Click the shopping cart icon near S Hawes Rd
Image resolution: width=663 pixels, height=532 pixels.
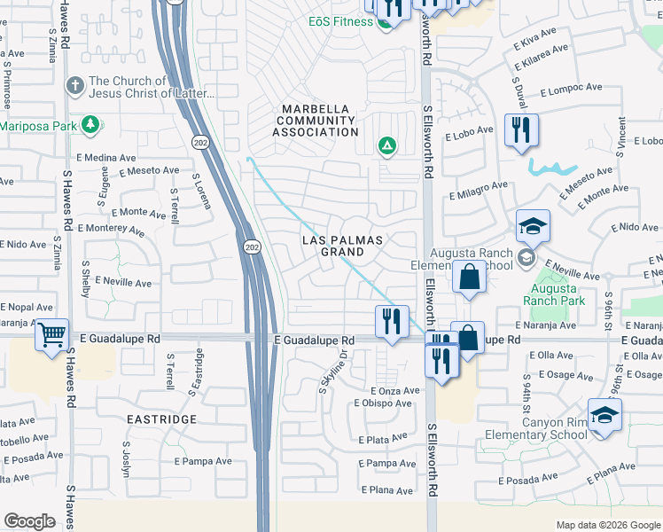click(x=53, y=335)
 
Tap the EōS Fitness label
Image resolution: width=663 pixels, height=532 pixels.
click(x=340, y=21)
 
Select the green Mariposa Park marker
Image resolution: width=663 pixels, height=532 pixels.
click(x=89, y=125)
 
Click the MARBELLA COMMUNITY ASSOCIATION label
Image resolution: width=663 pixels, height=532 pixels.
click(x=315, y=121)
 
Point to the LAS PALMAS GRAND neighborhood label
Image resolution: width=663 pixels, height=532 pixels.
click(x=342, y=246)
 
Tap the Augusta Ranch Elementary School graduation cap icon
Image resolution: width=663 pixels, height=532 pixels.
click(x=534, y=227)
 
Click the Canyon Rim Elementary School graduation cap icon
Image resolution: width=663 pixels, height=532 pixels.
click(x=604, y=416)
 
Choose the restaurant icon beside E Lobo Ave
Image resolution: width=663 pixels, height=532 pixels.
click(x=520, y=130)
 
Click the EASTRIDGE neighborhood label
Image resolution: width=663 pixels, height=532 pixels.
click(x=160, y=418)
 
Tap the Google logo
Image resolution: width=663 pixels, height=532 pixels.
click(x=29, y=521)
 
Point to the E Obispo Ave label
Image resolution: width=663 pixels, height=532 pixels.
click(x=382, y=403)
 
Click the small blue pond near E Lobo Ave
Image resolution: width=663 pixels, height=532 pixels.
click(x=552, y=167)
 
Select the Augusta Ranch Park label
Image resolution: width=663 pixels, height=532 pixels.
click(x=555, y=294)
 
